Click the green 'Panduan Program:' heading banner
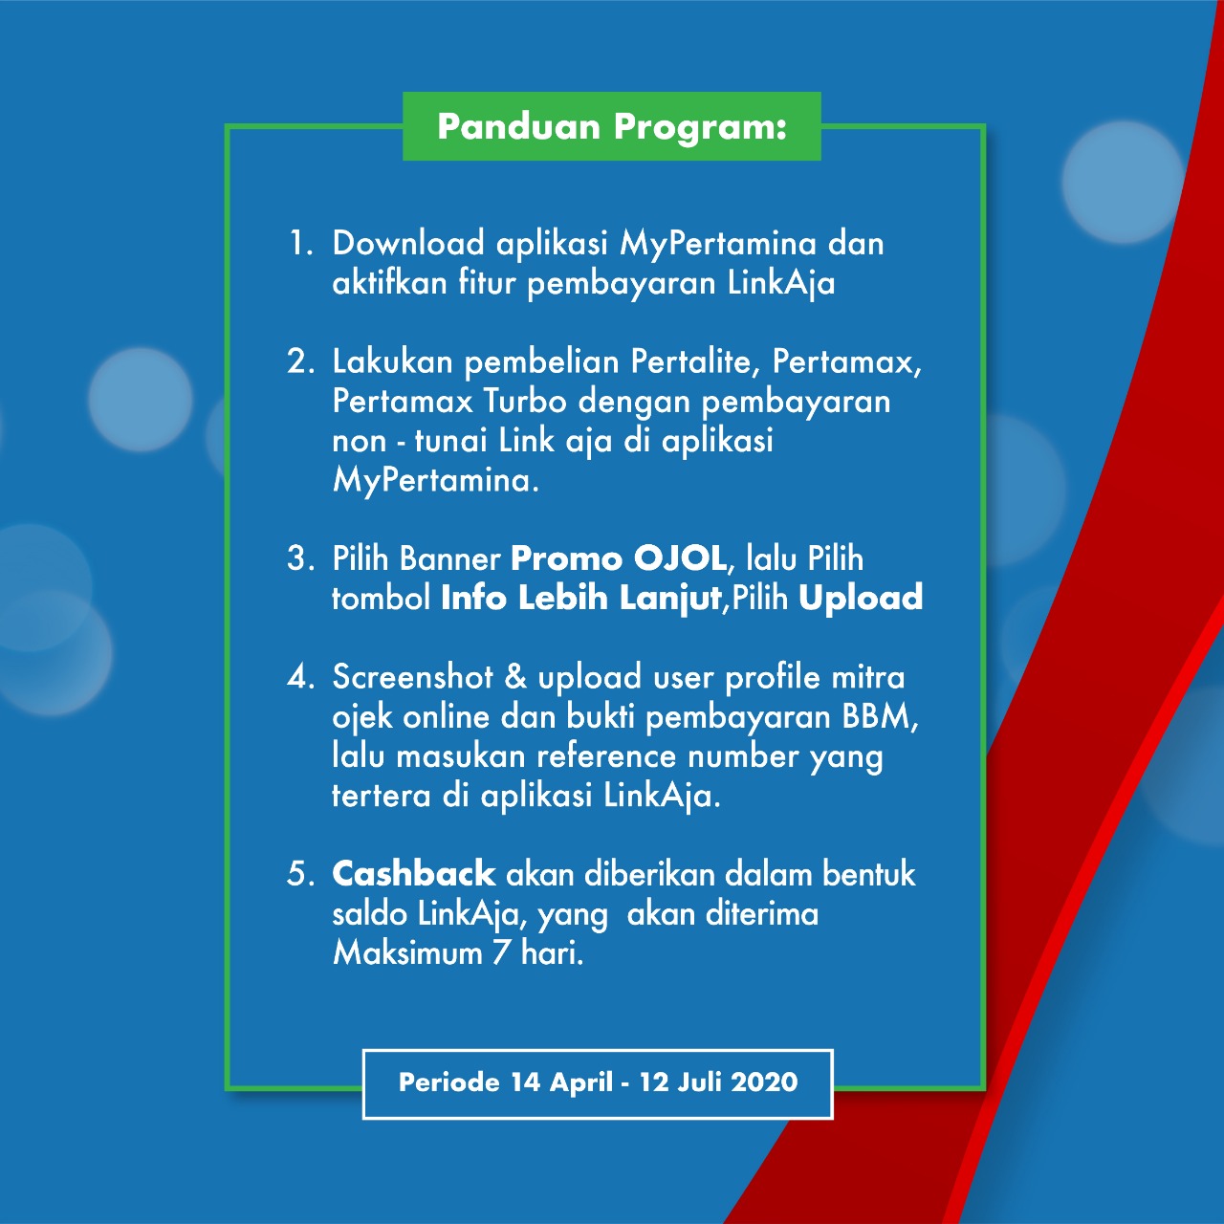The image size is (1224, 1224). tap(612, 126)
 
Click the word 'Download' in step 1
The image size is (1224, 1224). tap(408, 243)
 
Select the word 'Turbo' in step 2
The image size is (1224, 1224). tap(525, 402)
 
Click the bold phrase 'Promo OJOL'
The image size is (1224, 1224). tap(620, 559)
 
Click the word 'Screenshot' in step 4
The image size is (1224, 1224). tap(412, 677)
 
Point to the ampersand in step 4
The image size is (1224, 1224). tap(515, 677)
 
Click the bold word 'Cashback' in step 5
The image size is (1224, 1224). tap(413, 874)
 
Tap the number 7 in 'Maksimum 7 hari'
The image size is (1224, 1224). tap(501, 953)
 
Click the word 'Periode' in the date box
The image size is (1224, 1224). tap(449, 1082)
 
